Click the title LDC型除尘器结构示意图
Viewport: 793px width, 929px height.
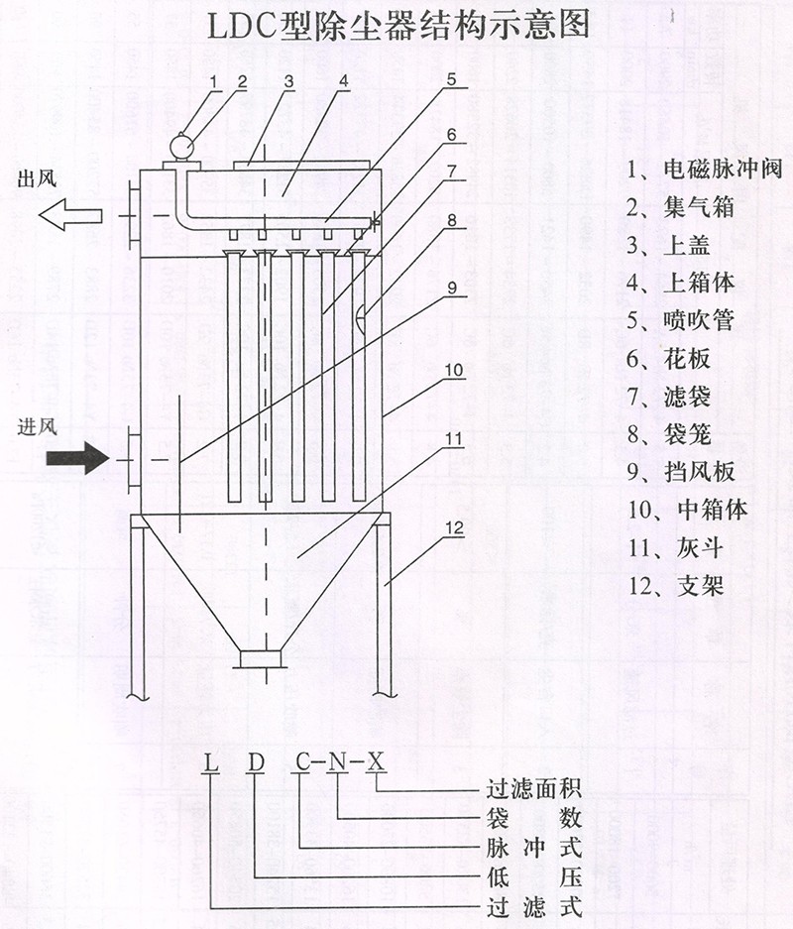(x=396, y=24)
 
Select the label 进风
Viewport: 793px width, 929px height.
(x=40, y=427)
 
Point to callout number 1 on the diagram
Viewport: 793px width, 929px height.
(x=212, y=81)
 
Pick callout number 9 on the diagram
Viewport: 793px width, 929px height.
(x=451, y=290)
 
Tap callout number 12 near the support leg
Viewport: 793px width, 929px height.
(x=454, y=528)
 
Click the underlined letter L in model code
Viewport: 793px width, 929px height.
(x=210, y=762)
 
